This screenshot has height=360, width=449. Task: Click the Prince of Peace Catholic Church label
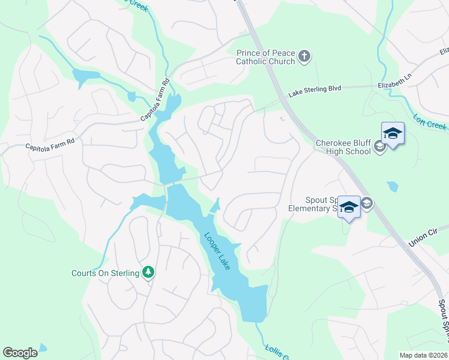tap(265, 57)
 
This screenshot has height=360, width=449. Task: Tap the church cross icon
tap(304, 57)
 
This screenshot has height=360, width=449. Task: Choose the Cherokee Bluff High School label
tap(344, 147)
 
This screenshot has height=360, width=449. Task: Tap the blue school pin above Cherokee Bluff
tap(393, 134)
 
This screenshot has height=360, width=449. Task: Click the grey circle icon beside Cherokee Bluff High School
tap(379, 147)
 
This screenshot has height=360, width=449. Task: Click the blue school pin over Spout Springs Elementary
tap(348, 207)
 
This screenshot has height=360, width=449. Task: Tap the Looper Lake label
tap(217, 251)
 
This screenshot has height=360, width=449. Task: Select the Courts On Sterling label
tap(105, 273)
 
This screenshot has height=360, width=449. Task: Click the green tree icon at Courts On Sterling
tap(148, 273)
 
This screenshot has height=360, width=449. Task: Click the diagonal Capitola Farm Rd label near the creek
tap(155, 101)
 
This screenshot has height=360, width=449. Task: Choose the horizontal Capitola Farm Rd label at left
tap(49, 144)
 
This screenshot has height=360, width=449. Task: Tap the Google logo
tap(20, 353)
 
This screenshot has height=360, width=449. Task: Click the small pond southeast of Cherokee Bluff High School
tap(393, 187)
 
